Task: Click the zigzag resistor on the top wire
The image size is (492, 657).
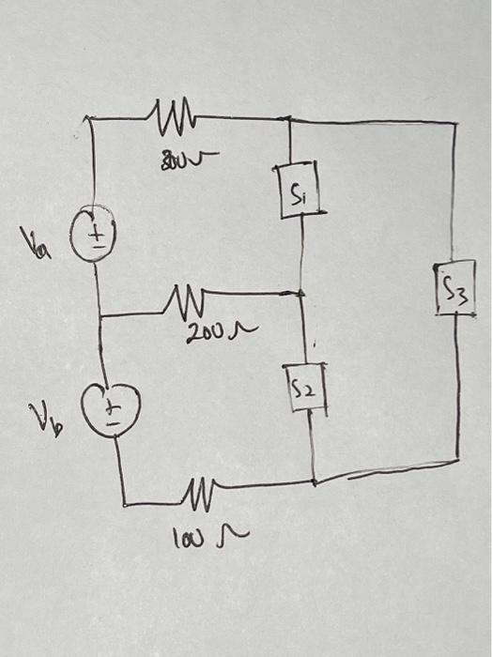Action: tap(171, 116)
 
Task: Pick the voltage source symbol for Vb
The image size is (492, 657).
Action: tap(111, 409)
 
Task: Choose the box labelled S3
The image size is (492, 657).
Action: tap(455, 289)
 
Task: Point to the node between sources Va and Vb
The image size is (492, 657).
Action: tap(100, 316)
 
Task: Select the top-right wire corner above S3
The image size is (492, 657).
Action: tap(455, 123)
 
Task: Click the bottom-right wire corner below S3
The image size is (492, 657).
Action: tap(457, 451)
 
